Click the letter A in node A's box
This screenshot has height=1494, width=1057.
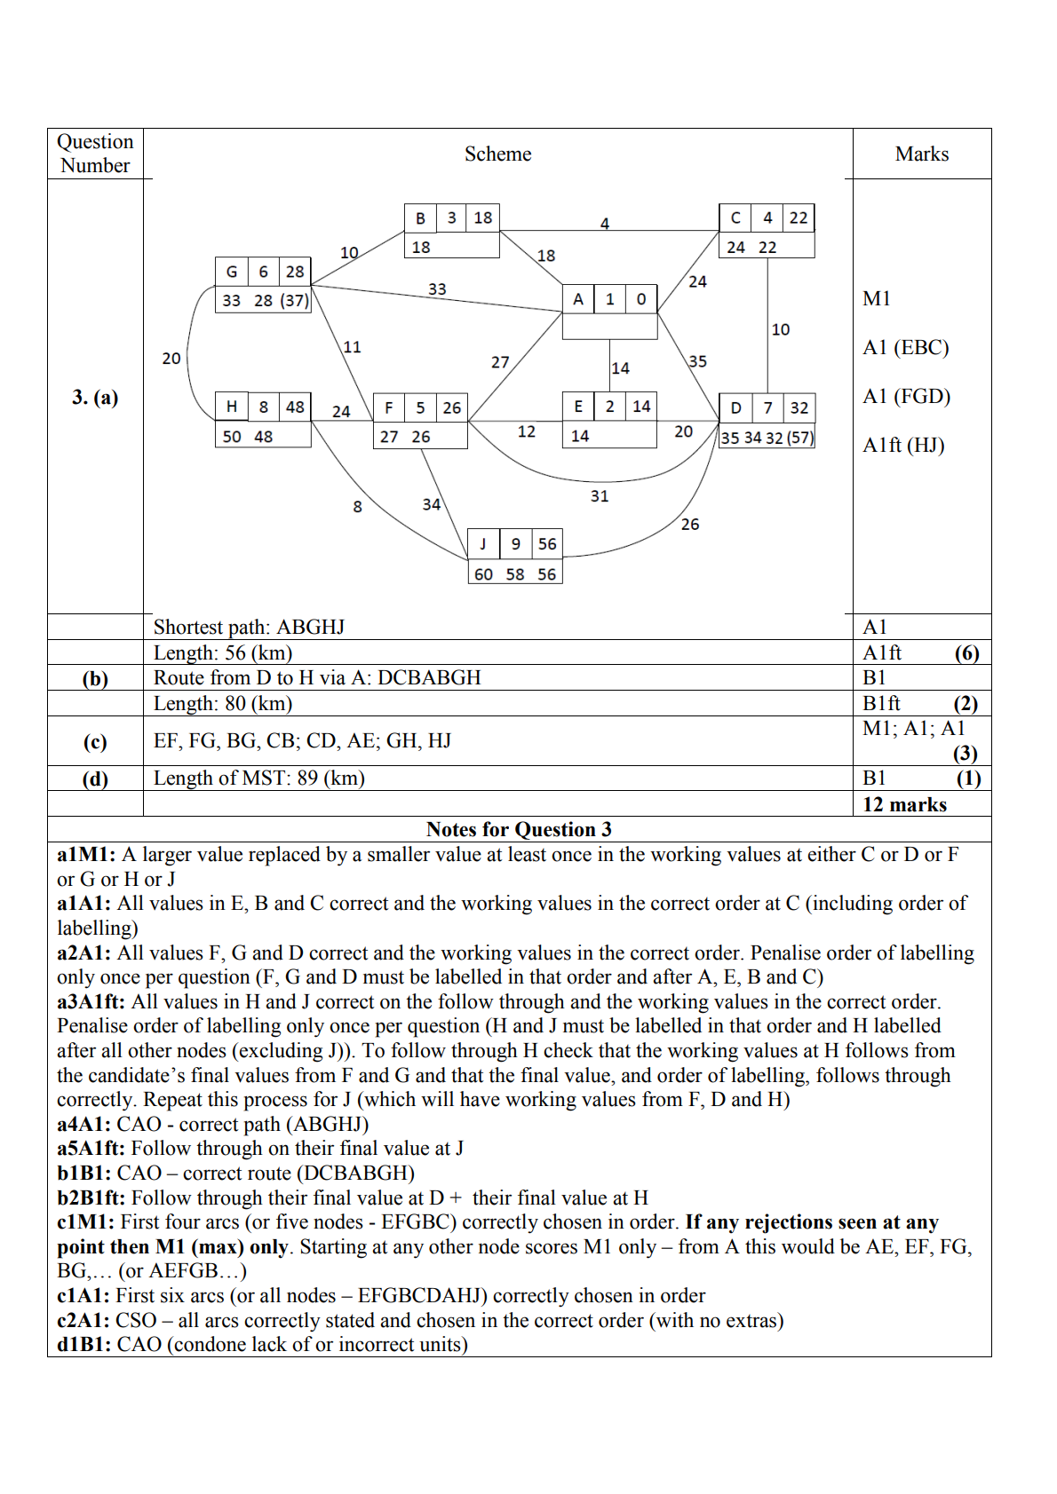(578, 299)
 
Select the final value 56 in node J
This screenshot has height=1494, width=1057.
(547, 544)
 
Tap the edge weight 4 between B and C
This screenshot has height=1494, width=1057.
(605, 224)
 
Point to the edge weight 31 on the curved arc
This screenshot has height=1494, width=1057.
(600, 496)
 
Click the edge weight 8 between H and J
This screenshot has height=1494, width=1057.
(357, 507)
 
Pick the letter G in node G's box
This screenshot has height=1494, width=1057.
(232, 272)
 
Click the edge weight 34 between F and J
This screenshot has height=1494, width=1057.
(432, 504)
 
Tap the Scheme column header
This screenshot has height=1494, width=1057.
(497, 154)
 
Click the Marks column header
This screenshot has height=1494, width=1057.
(921, 154)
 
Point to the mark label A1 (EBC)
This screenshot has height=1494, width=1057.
(905, 348)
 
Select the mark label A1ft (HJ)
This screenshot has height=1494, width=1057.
(903, 446)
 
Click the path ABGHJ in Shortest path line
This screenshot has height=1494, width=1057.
(310, 628)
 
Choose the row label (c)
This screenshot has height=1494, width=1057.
(95, 742)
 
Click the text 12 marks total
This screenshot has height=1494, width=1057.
(904, 805)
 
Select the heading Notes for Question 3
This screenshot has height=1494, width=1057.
(519, 830)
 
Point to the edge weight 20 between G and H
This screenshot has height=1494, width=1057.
(171, 359)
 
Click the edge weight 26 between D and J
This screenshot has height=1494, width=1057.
(690, 525)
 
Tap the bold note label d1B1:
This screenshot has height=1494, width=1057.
(84, 1345)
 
